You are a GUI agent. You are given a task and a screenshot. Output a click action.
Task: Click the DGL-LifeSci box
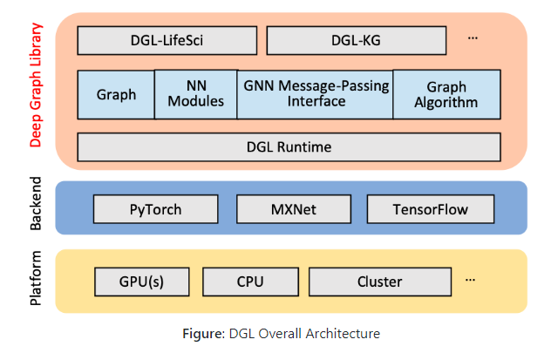pos(167,40)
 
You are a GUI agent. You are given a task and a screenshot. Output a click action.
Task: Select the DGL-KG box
pos(357,40)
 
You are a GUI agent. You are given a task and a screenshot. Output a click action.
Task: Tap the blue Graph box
pos(116,95)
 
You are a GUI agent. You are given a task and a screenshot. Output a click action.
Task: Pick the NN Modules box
pos(196,94)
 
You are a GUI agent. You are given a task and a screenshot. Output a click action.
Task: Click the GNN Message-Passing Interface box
pos(316,95)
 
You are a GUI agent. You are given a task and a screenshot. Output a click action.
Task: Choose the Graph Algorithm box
pos(446,94)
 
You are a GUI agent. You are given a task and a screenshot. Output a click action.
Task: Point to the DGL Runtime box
pos(289,147)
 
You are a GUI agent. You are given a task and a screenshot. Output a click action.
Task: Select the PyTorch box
pos(156,209)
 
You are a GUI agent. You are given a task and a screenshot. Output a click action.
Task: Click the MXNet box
pos(294,209)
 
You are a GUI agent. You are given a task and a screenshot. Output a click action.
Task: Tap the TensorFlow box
pos(431,209)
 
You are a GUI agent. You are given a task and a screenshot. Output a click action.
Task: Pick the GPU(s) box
pos(142,282)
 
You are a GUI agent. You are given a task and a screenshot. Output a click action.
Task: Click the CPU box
pos(250,282)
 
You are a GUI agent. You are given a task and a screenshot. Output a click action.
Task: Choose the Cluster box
pos(380,282)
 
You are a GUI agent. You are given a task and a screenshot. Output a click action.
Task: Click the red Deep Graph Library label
pos(36,85)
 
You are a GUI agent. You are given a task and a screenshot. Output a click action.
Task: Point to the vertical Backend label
pos(36,203)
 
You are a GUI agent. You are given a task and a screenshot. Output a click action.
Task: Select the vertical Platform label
pos(36,278)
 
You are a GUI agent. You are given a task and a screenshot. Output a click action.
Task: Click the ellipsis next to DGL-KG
pos(473,38)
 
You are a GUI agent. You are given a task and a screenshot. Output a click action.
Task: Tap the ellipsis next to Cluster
pos(470,280)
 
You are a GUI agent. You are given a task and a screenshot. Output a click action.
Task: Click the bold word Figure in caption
pos(203,334)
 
